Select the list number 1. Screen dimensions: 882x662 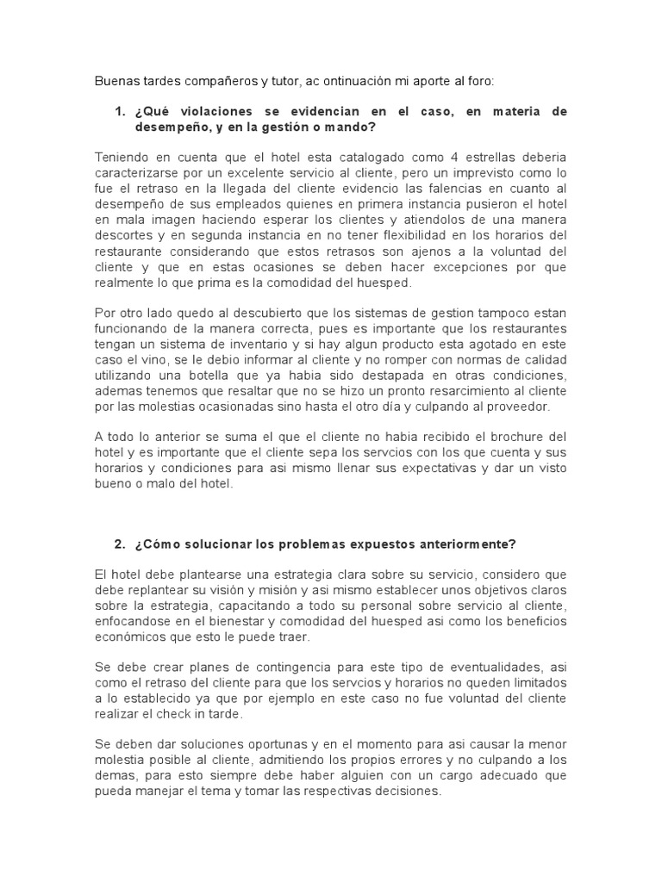119,112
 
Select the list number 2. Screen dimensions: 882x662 119,544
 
